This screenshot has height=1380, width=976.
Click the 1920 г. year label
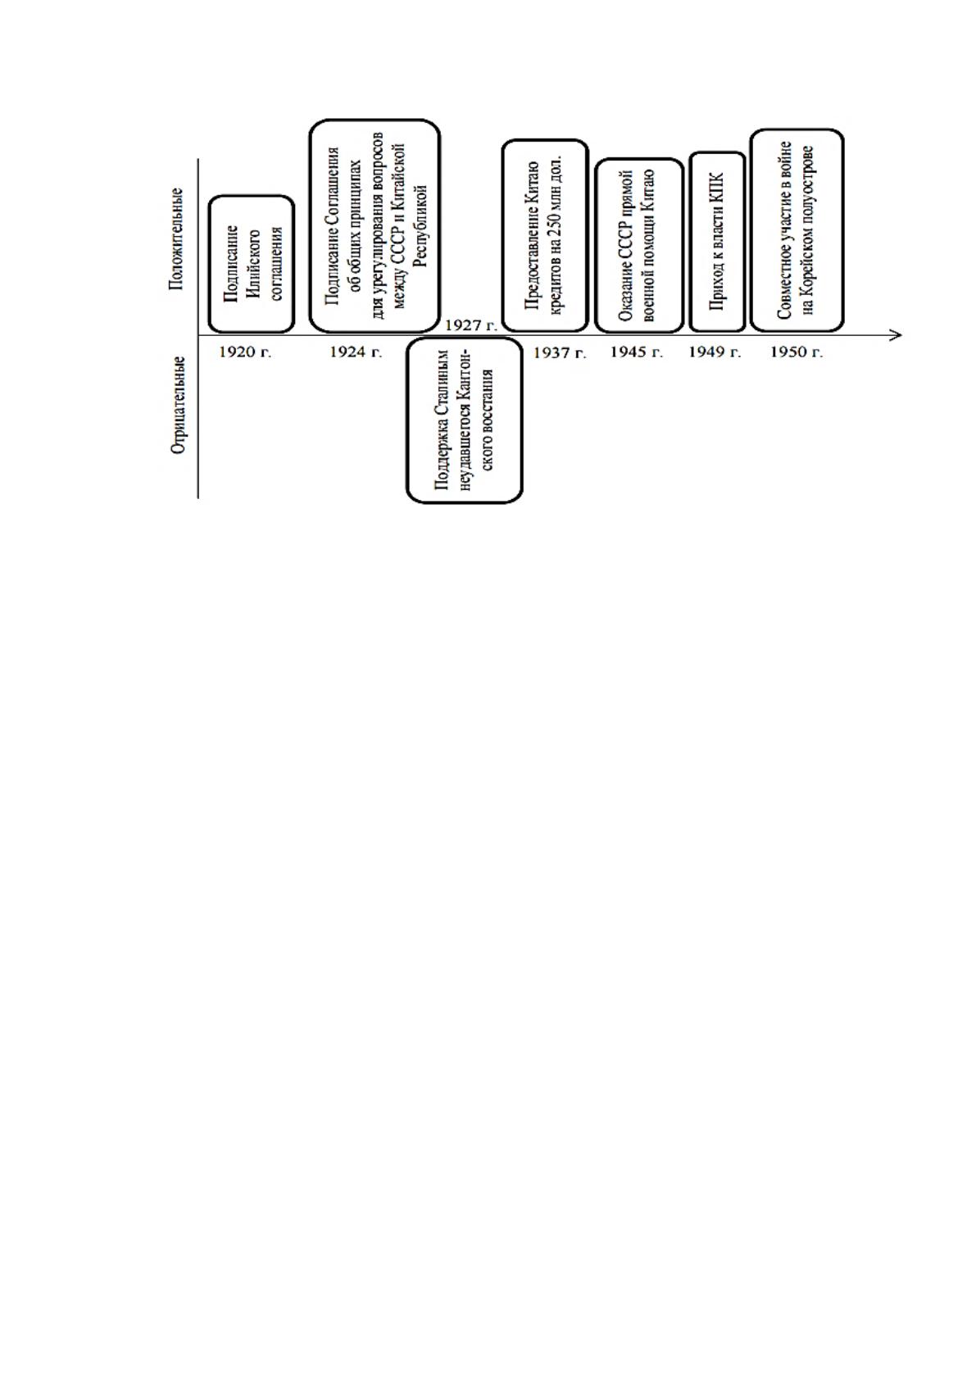click(x=245, y=352)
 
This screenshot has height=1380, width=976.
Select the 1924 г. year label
click(x=356, y=352)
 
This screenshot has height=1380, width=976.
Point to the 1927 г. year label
click(x=470, y=325)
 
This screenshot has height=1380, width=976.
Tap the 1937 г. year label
click(x=560, y=353)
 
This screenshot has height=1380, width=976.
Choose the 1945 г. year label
click(x=637, y=352)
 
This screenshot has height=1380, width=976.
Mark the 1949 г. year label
click(x=715, y=352)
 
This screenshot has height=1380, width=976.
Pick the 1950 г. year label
click(x=797, y=352)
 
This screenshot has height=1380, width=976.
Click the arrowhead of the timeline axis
click(x=897, y=335)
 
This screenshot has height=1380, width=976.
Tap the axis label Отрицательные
click(x=178, y=405)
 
